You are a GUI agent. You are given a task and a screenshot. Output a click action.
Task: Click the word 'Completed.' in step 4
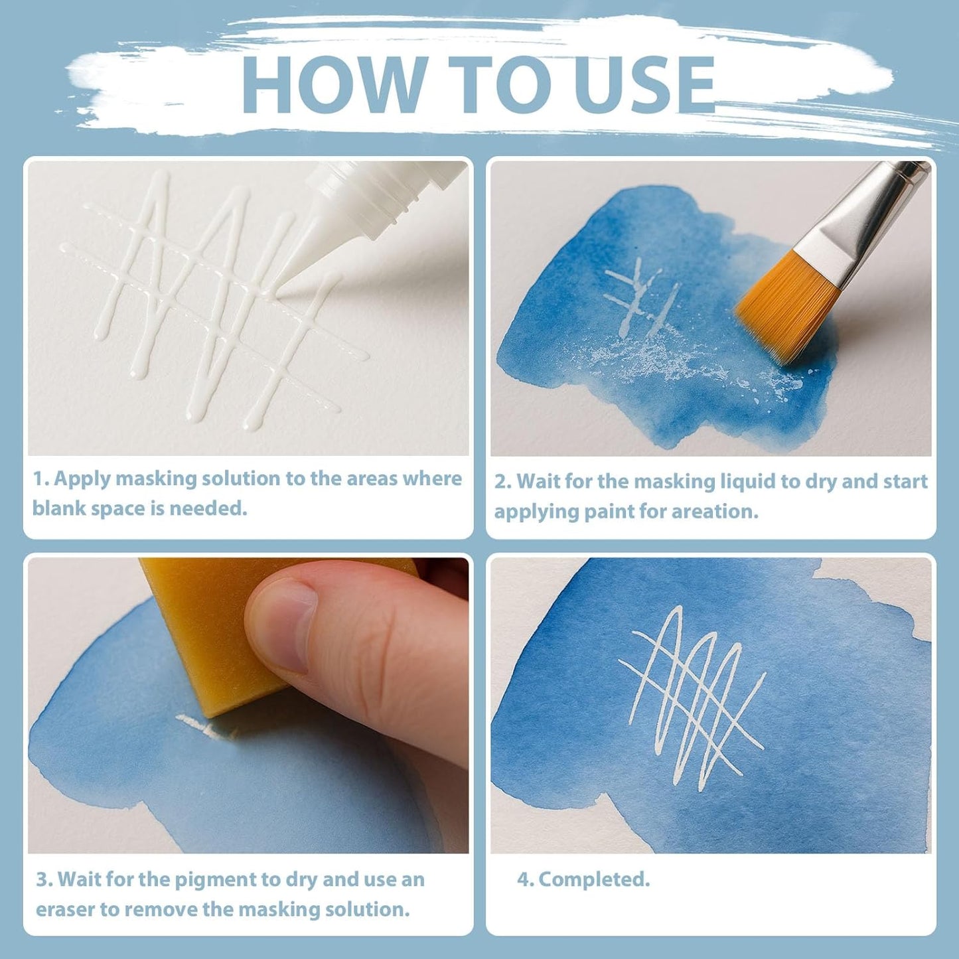point(594,879)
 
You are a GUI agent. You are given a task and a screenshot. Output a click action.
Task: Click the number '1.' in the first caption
point(40,479)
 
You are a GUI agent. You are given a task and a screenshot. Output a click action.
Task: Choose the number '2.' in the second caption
point(502,482)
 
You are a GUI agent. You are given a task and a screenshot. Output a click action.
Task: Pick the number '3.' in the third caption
point(44,879)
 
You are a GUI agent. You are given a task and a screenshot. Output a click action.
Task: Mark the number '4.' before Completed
point(525,879)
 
